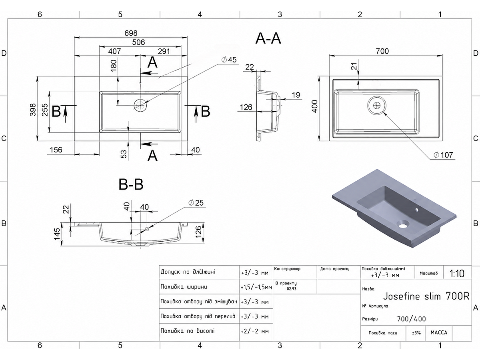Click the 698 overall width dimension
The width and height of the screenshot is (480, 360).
131,33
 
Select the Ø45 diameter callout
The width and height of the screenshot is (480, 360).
229,60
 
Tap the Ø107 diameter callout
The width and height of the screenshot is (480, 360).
444,155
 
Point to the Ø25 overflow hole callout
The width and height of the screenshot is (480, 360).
196,203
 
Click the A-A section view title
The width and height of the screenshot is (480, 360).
268,38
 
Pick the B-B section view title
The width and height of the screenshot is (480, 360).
131,184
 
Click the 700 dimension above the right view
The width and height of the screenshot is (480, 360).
382,51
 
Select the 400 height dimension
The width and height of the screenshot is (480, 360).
315,106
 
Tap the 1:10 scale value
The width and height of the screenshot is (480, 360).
457,273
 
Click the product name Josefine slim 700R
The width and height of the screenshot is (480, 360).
426,296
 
